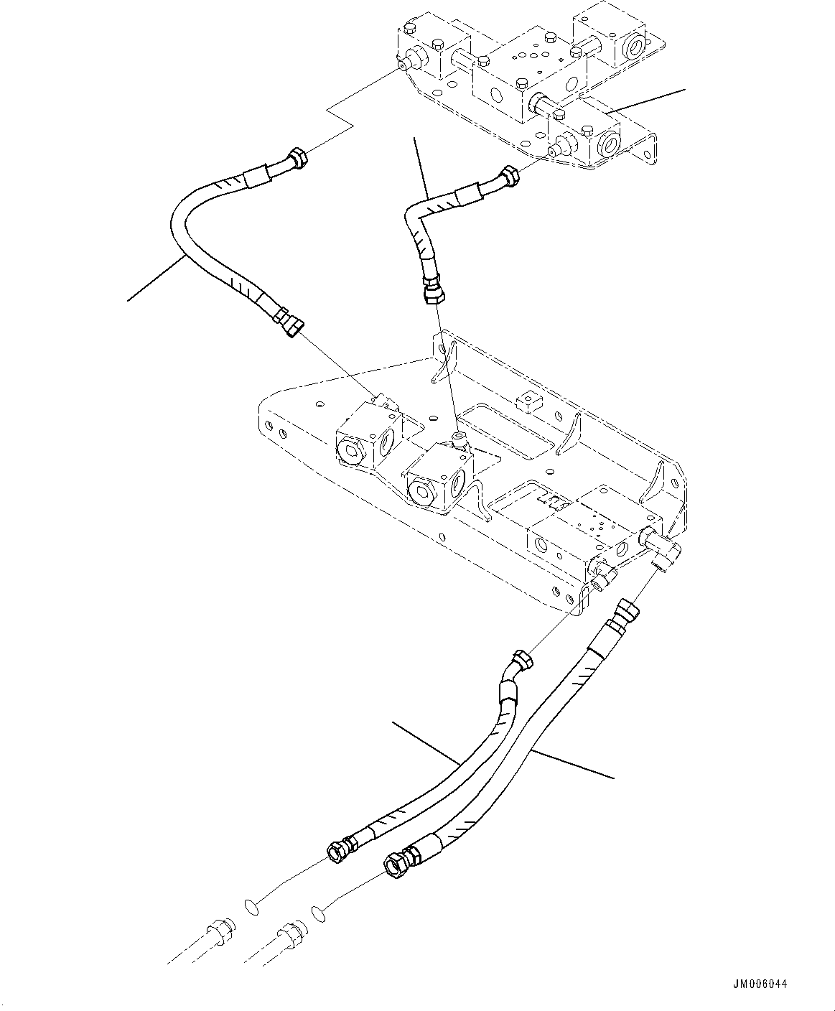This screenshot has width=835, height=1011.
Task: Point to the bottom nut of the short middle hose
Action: [x=434, y=294]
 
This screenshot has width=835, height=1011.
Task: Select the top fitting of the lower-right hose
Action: [x=625, y=613]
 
